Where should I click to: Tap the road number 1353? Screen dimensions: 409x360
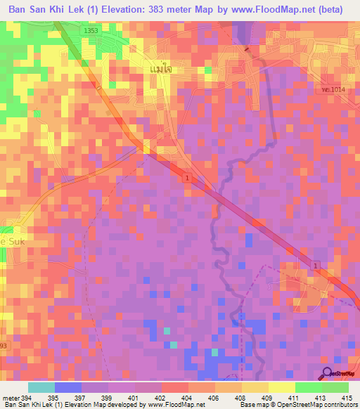(89, 32)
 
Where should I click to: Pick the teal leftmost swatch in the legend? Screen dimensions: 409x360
(41, 387)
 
